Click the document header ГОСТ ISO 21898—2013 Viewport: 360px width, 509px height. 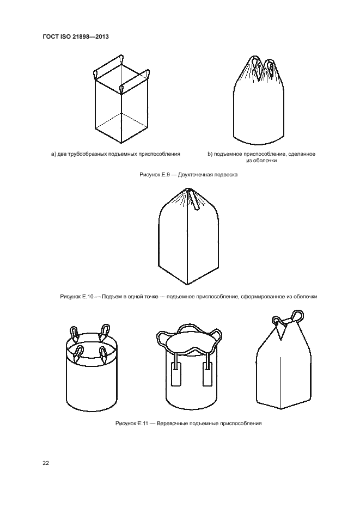(76, 36)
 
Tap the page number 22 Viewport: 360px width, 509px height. (46, 463)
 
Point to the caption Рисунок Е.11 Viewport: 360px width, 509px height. (132, 424)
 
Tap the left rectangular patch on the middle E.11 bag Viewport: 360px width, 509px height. (176, 375)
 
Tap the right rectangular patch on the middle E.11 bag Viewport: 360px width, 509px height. (208, 375)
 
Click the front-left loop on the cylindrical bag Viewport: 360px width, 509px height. (77, 353)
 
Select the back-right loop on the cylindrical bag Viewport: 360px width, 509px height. (105, 332)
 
